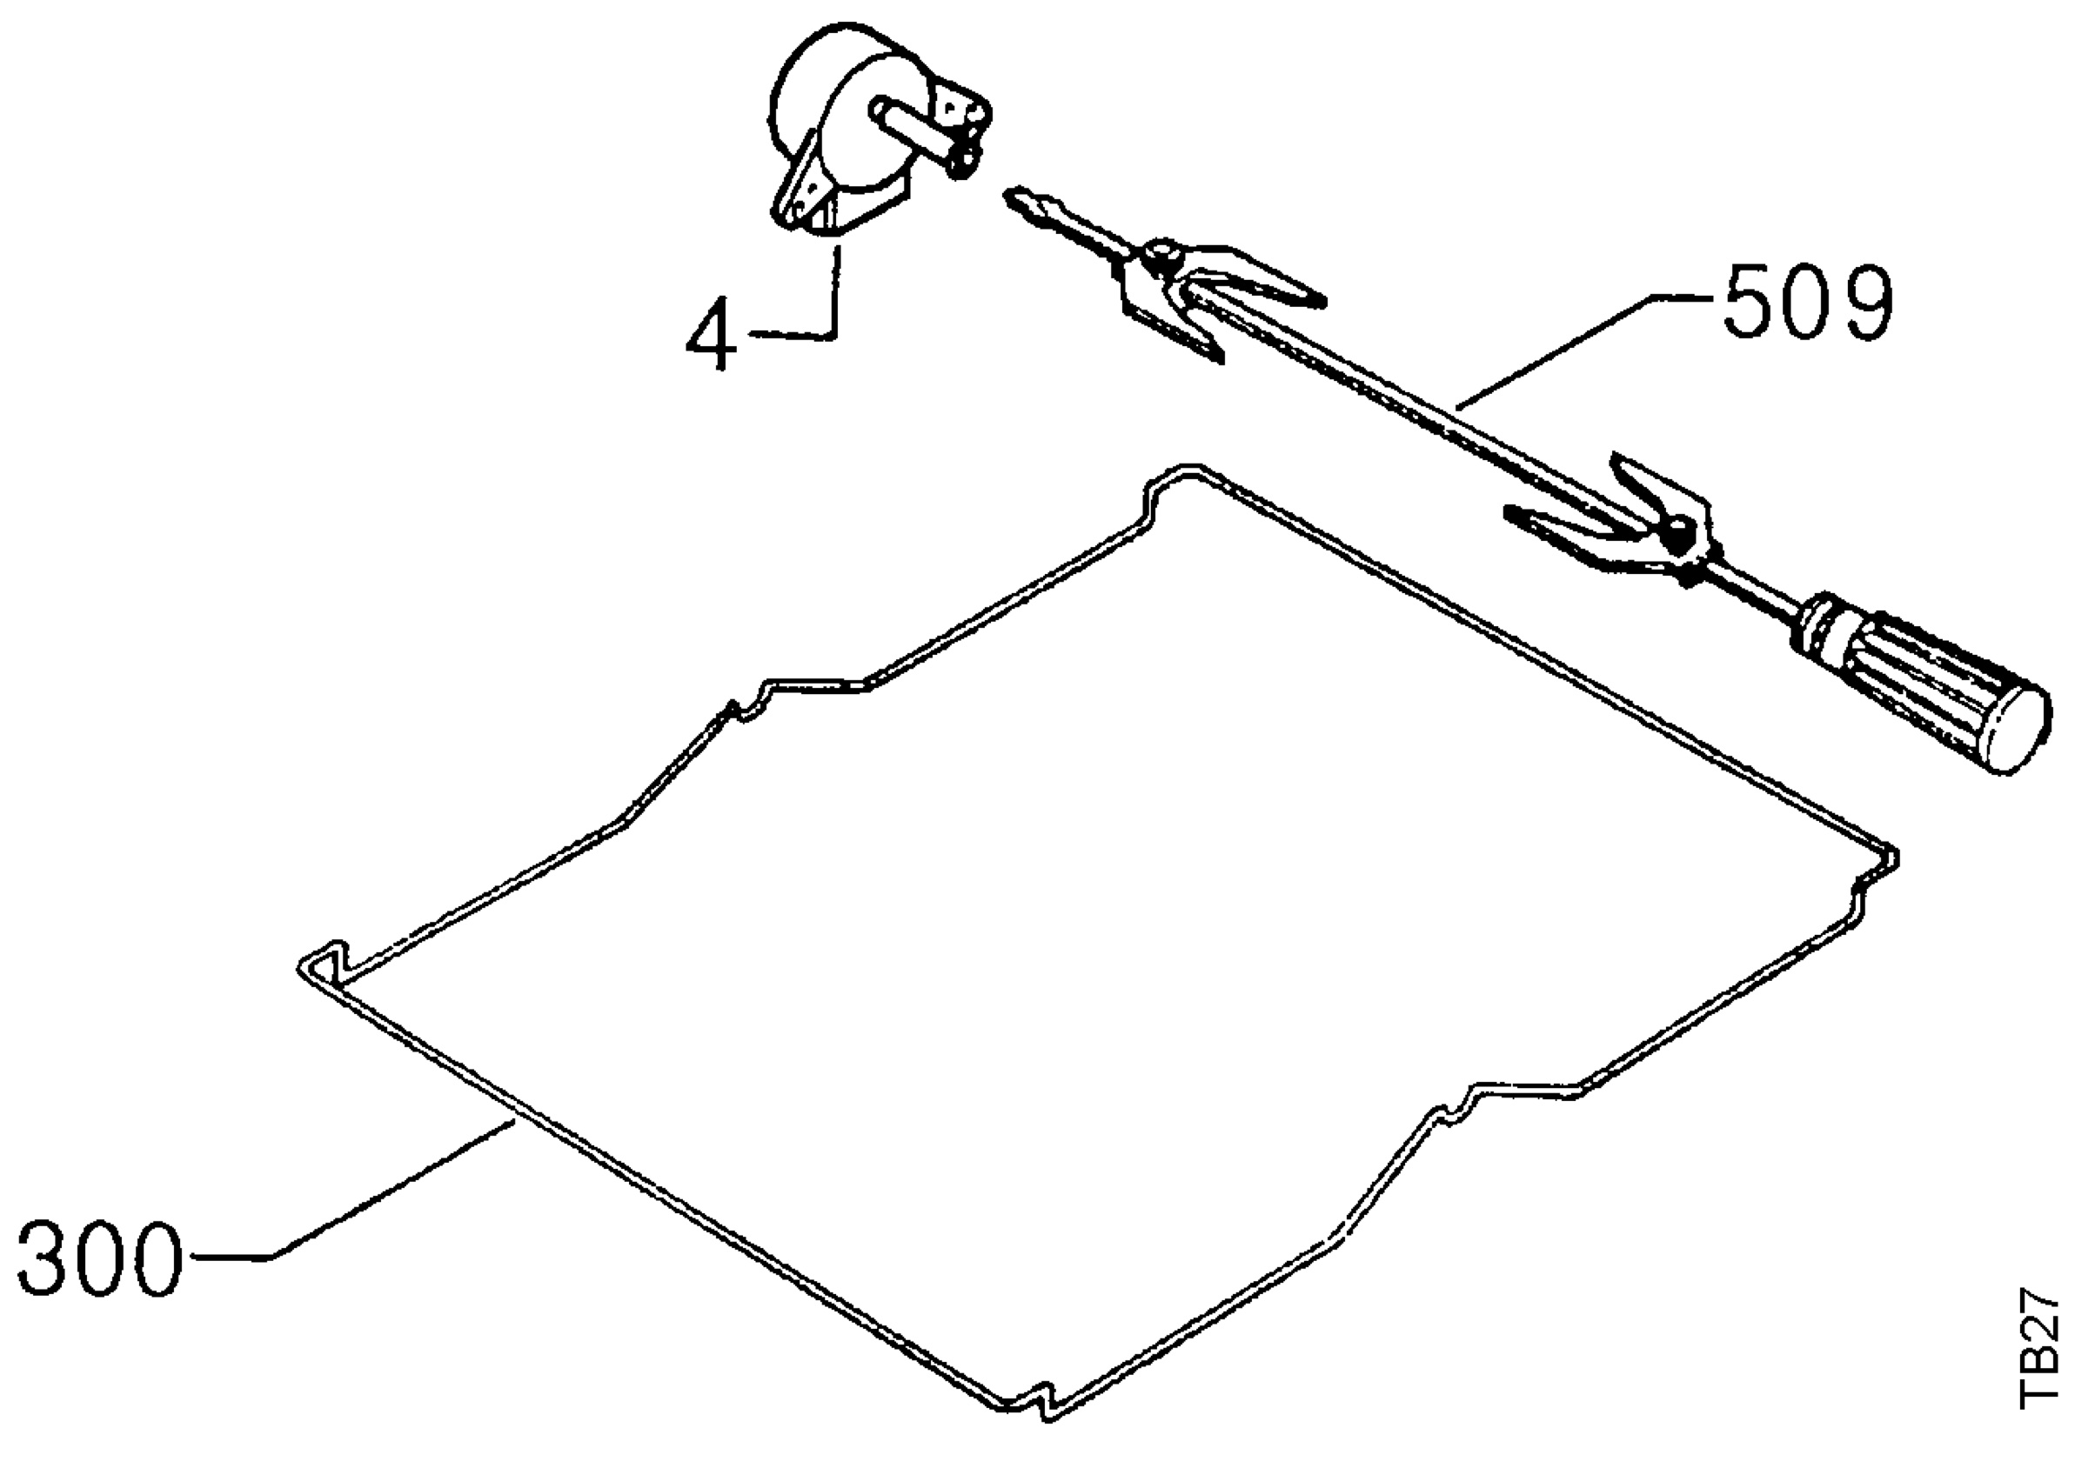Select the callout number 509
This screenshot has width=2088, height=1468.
pos(1807,302)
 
